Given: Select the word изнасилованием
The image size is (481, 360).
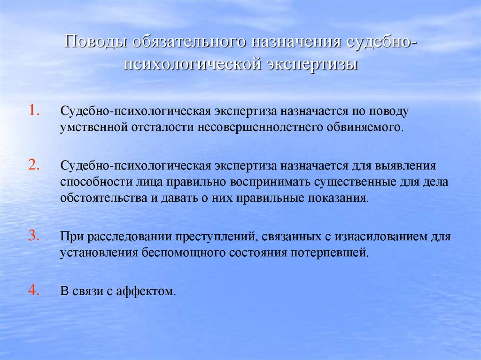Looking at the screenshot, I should tap(369, 237).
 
